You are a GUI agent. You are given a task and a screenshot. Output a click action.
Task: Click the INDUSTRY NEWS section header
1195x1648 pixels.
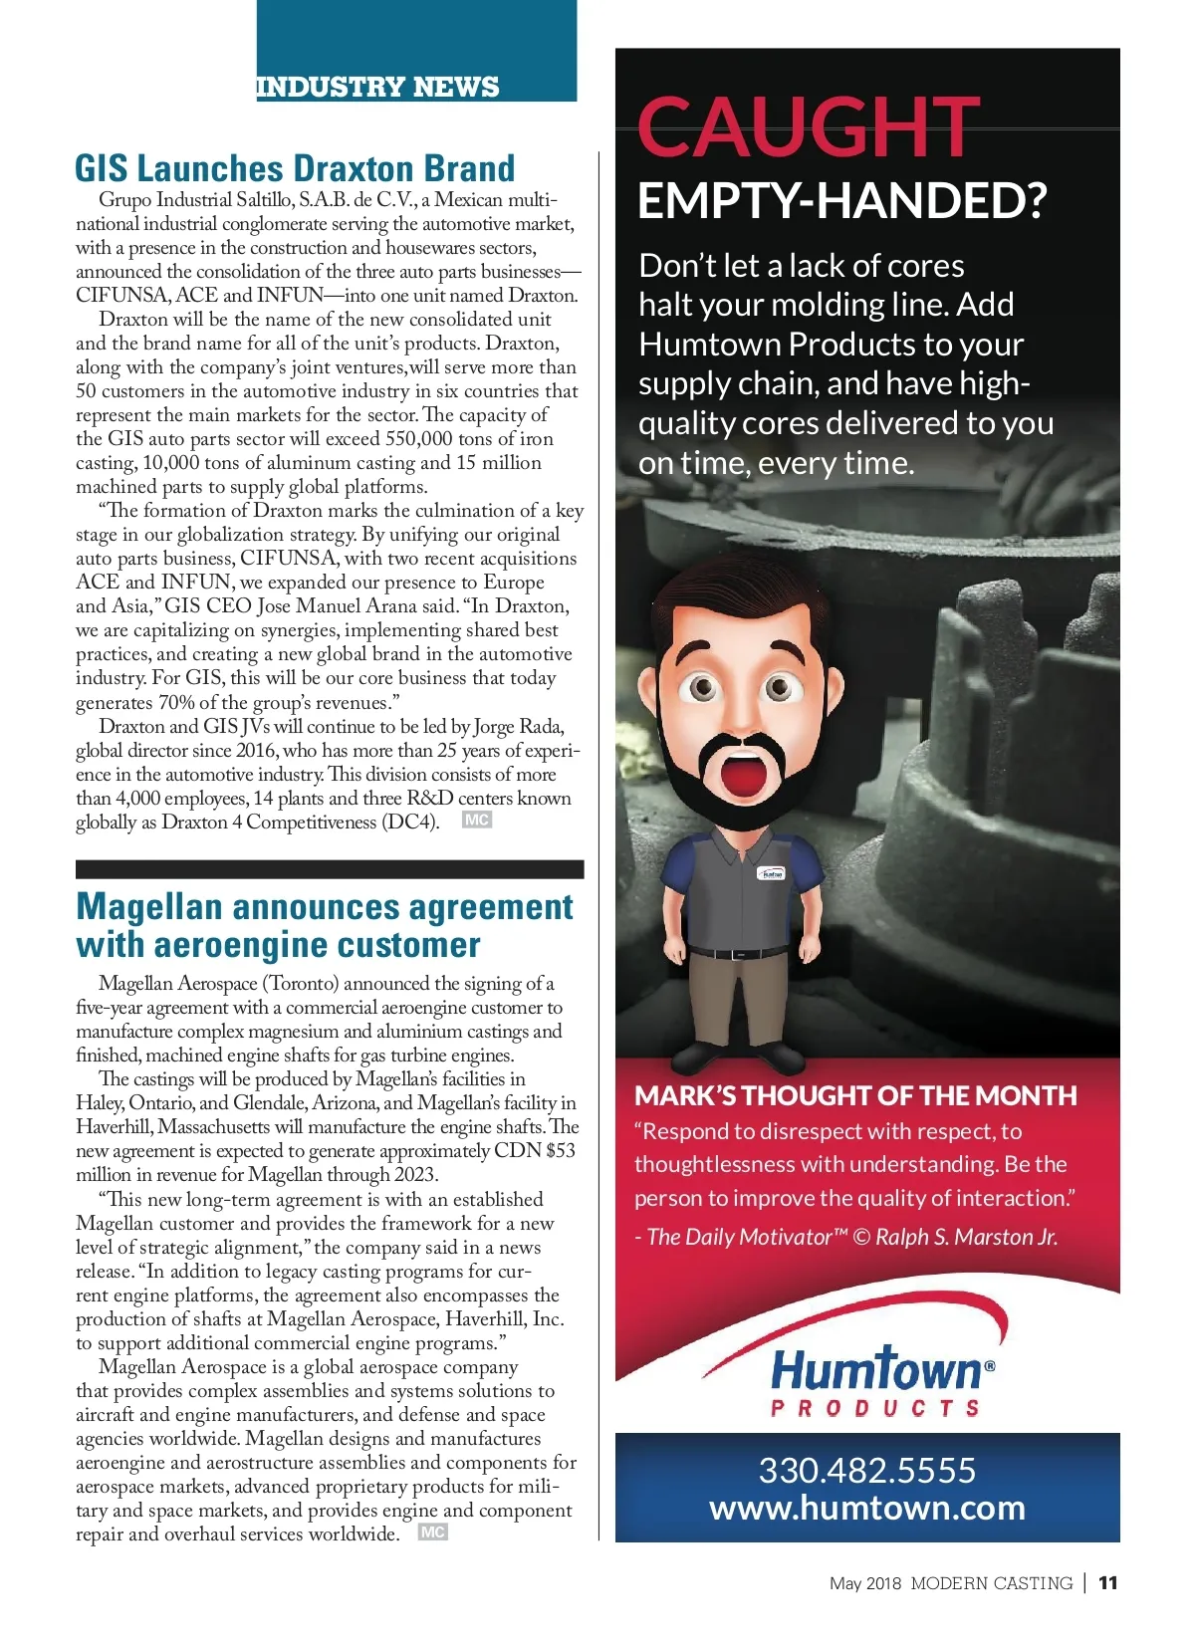(x=377, y=87)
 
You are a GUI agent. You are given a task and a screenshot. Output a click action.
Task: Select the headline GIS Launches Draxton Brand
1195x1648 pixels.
(x=295, y=168)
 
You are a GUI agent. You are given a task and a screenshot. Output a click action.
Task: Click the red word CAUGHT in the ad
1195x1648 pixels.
(x=808, y=126)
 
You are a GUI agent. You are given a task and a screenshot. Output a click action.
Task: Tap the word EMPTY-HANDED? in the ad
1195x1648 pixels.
(x=841, y=201)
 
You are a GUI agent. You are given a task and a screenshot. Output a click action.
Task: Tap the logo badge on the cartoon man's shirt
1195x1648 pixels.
(x=772, y=873)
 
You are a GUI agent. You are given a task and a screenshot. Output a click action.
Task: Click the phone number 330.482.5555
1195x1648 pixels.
(x=866, y=1470)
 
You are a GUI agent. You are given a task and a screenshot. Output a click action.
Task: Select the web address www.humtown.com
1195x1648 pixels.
(x=866, y=1508)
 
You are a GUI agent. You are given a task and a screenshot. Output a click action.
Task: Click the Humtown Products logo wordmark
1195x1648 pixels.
(x=876, y=1371)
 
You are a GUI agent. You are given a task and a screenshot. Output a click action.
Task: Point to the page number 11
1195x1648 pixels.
(x=1108, y=1582)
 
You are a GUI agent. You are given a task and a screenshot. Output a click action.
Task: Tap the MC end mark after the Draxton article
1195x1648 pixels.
(x=477, y=820)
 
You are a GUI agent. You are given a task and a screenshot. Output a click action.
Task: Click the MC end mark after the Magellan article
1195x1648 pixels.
(x=433, y=1531)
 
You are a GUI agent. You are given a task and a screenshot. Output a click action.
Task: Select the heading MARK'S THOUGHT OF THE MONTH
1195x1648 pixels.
(x=855, y=1095)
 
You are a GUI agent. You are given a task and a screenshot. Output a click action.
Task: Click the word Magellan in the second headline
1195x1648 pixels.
(x=149, y=907)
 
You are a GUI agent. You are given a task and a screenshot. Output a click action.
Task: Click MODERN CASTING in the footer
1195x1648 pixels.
(x=991, y=1583)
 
